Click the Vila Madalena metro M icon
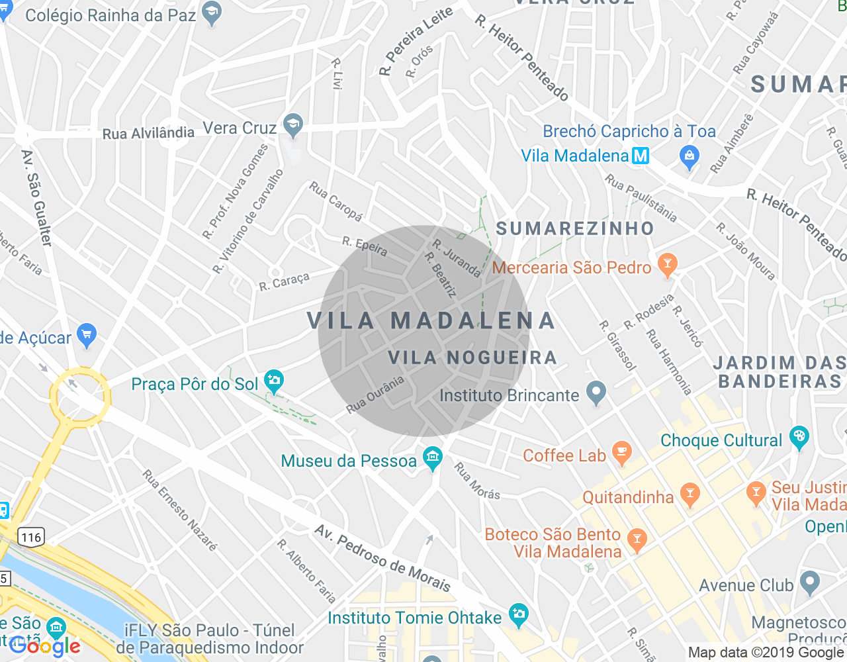[641, 156]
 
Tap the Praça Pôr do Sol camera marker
[273, 380]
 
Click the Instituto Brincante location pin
[596, 393]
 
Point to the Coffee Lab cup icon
[621, 452]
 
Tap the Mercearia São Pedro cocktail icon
[667, 264]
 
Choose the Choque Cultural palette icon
[799, 437]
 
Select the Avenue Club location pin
[809, 583]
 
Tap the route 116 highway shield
[31, 537]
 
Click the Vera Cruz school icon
[292, 124]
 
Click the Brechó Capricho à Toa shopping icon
[690, 156]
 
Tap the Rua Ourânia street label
[375, 395]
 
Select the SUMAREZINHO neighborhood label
[575, 229]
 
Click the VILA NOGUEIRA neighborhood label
[472, 358]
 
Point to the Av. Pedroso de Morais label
[382, 559]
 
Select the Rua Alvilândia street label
[148, 133]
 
